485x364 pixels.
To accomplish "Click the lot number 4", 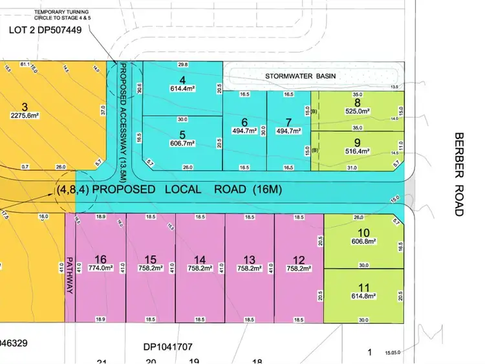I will [182, 80].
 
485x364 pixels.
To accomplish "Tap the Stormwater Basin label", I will [301, 76].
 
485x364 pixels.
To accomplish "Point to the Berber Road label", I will [459, 174].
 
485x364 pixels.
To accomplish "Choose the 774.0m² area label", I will [100, 267].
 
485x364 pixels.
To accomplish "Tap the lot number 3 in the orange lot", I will [25, 107].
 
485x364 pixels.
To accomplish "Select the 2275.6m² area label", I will [25, 116].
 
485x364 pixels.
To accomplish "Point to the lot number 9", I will [357, 142].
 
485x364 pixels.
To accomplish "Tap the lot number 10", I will [362, 232].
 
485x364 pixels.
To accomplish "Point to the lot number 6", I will [244, 122].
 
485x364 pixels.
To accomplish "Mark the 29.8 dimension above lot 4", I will [182, 65].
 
